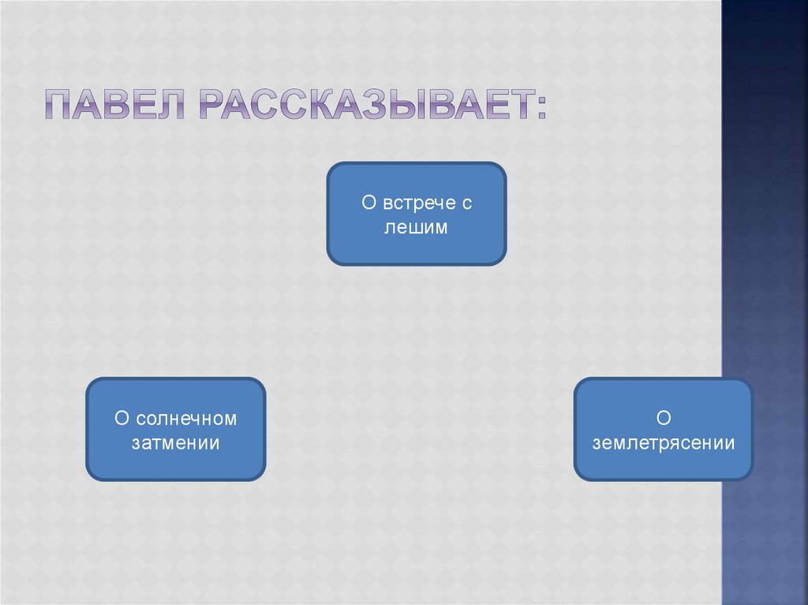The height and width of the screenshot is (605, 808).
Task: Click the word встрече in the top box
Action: tap(417, 203)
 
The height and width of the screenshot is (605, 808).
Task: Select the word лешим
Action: tap(417, 228)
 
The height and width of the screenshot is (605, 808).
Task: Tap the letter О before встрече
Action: tap(368, 203)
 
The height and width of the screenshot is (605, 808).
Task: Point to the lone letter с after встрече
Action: tap(466, 203)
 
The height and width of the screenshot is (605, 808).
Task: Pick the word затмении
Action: tap(176, 443)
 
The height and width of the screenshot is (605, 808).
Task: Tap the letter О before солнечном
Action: tap(122, 418)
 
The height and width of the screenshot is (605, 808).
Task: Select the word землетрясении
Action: tap(664, 443)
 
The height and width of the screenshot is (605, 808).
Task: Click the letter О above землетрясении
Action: tap(663, 418)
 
